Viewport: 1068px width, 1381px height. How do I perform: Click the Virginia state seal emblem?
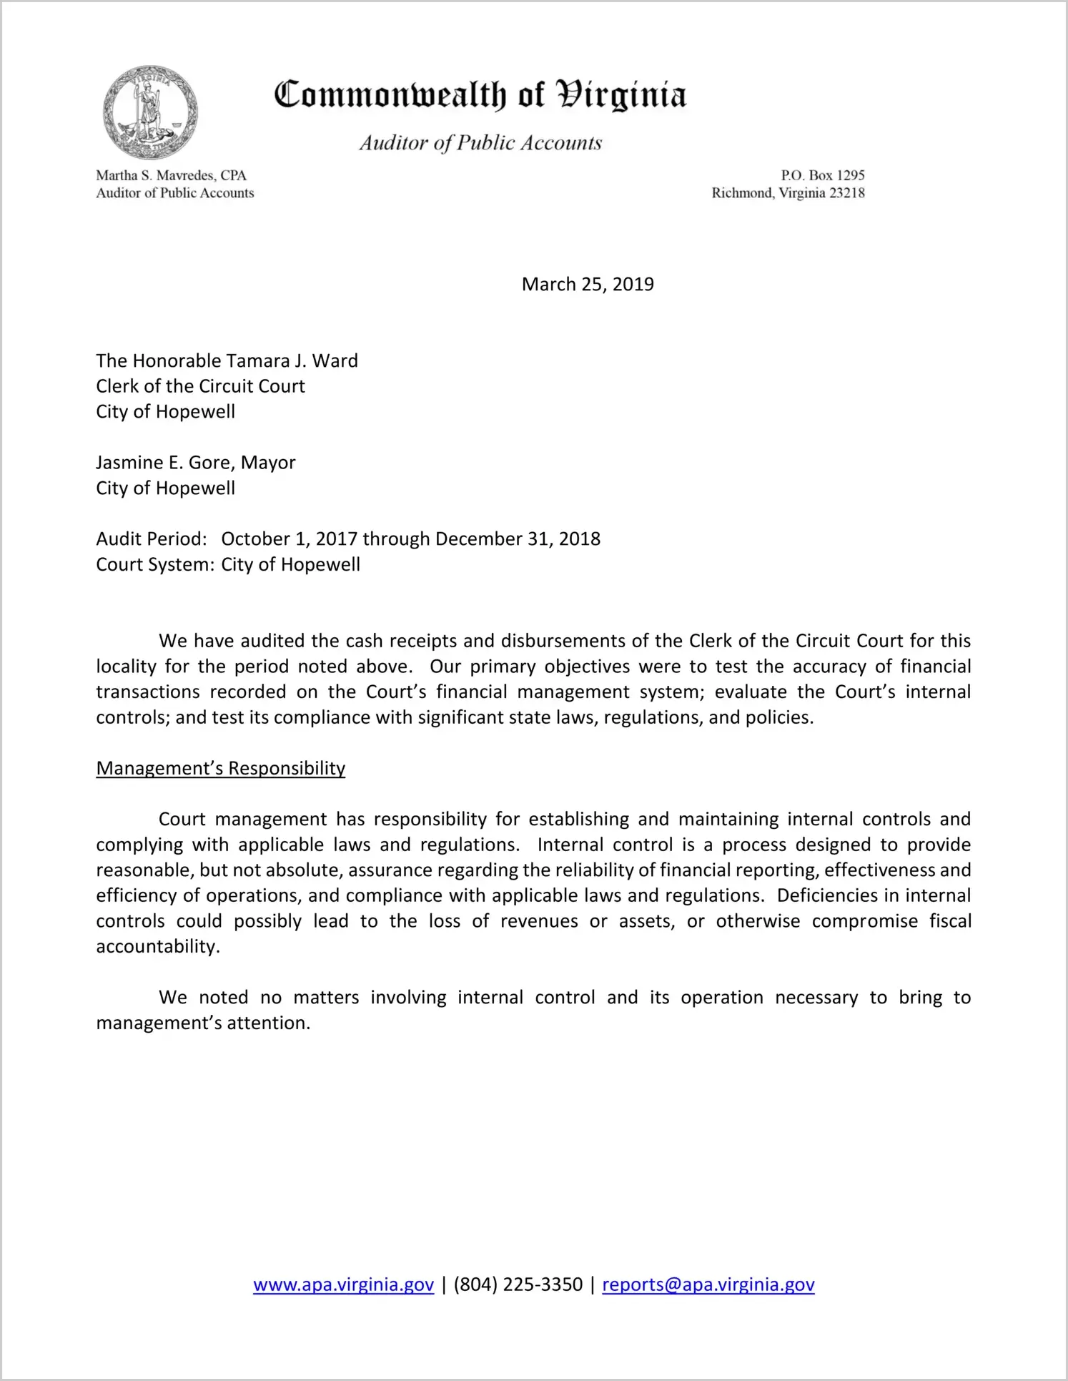pos(150,112)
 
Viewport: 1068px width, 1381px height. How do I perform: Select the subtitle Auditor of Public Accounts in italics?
pos(480,143)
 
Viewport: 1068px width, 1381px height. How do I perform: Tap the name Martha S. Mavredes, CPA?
pos(172,175)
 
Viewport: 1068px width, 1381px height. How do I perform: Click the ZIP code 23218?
pos(846,193)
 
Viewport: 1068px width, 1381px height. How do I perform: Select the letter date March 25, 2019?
pos(588,285)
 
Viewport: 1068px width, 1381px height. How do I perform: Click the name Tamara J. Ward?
pos(292,361)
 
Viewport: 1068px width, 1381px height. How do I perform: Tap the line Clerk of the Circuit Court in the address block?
pos(200,387)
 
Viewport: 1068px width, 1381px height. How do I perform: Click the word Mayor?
pos(268,463)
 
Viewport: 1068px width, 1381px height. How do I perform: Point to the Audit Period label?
pos(152,539)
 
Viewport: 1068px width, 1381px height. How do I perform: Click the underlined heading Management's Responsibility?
pos(220,769)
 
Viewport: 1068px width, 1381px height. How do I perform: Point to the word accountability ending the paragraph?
pos(157,947)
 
